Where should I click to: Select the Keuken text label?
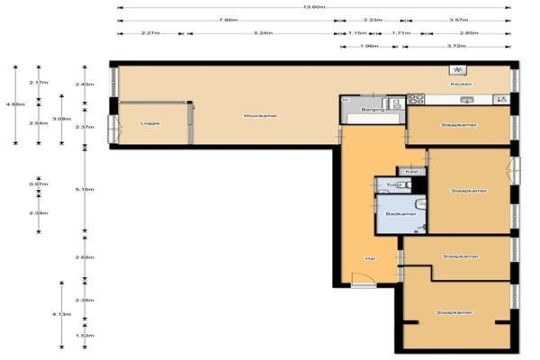click(461, 85)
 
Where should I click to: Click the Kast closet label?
click(411, 171)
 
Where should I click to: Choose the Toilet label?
click(392, 185)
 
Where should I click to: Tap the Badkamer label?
click(400, 213)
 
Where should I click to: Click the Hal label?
click(369, 258)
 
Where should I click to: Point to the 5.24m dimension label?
click(263, 33)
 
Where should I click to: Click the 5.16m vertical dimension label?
click(85, 190)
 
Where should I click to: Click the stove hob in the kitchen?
click(417, 100)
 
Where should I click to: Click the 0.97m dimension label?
click(39, 184)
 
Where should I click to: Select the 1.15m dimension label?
click(357, 33)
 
